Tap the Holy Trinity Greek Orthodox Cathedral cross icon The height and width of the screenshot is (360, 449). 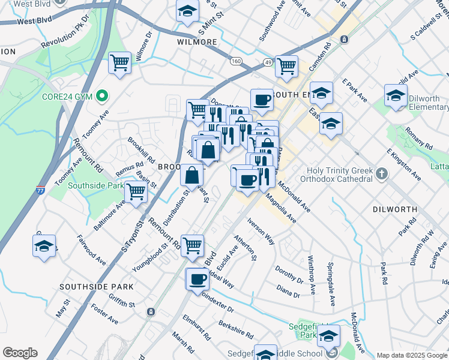[x=381, y=174]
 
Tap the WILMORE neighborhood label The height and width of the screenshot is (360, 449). [x=197, y=43]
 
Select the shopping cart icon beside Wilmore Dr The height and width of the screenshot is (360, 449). [x=120, y=62]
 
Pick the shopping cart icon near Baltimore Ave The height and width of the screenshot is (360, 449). [x=136, y=192]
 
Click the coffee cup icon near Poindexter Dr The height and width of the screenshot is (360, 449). [x=197, y=279]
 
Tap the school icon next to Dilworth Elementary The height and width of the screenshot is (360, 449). [x=396, y=95]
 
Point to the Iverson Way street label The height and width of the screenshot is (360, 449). [x=260, y=230]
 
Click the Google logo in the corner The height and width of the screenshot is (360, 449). [x=20, y=353]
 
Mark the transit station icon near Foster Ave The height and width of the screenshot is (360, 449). [x=150, y=312]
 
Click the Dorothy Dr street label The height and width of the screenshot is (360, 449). [x=289, y=275]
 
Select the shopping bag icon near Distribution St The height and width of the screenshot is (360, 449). [x=191, y=176]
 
